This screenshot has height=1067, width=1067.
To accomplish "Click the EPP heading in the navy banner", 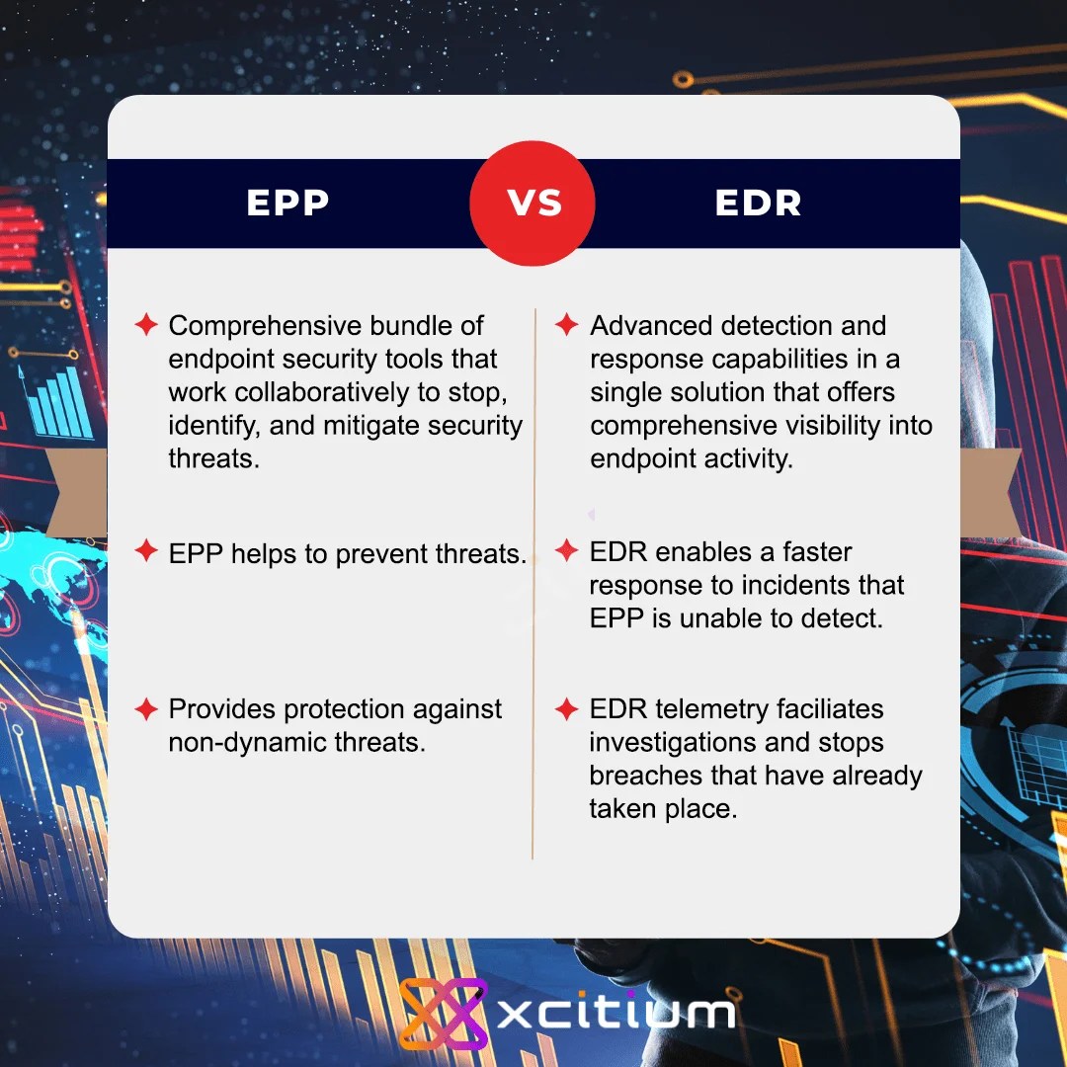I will [x=287, y=203].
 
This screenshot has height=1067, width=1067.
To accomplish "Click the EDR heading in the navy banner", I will [x=758, y=203].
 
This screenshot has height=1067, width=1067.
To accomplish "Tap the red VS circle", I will [x=533, y=203].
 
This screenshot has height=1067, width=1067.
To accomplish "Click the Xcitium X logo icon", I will [x=444, y=1013].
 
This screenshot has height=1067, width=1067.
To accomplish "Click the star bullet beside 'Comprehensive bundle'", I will [x=146, y=324].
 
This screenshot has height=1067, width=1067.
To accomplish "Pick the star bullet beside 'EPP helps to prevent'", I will [x=146, y=551].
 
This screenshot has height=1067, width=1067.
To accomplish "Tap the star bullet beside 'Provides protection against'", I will [x=146, y=708].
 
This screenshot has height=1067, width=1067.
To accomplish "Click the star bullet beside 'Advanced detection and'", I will [x=566, y=324].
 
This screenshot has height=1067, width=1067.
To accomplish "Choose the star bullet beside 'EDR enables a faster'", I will [x=566, y=550].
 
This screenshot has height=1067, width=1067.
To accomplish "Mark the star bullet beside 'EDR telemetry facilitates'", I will [x=566, y=708].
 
